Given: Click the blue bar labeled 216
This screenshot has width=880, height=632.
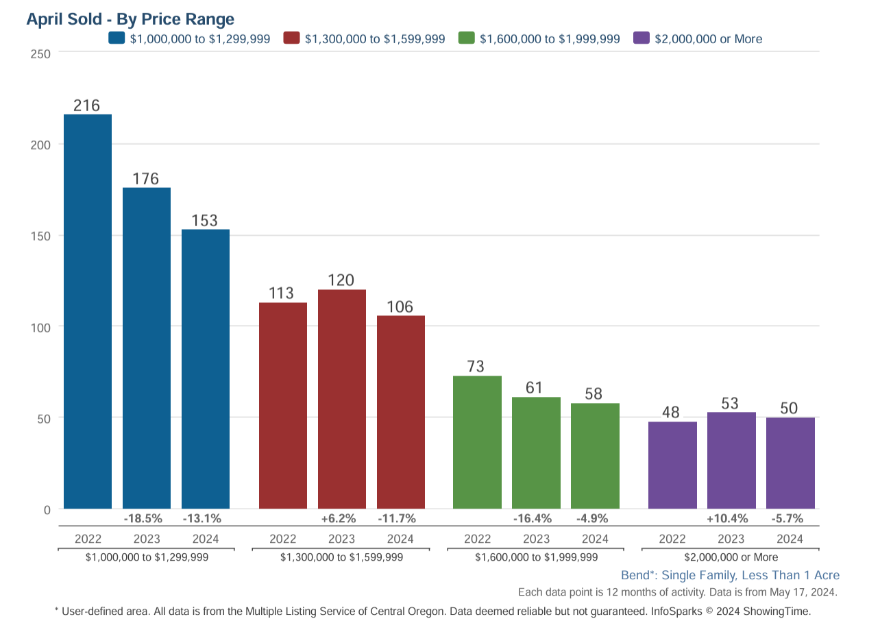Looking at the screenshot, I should tap(88, 311).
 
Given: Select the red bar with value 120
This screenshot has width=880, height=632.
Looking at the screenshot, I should tap(341, 399).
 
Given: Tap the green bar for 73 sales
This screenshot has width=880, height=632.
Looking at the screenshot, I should tap(477, 442).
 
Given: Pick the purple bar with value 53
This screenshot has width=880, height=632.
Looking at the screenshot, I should tap(731, 460).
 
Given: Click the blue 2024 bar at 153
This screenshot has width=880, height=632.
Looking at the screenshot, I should tap(205, 369).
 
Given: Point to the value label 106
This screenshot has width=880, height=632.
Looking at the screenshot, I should tap(400, 306).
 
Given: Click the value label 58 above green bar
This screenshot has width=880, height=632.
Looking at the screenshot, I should tap(595, 394).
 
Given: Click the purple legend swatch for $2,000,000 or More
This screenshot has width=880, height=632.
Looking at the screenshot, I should tap(641, 38).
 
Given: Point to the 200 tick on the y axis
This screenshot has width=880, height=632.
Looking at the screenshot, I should tap(41, 145).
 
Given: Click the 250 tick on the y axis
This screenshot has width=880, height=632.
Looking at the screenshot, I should tap(41, 53).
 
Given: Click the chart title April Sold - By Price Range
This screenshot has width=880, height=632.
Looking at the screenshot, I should tap(130, 19).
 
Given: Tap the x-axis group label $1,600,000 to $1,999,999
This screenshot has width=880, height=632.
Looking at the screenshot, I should tap(536, 557).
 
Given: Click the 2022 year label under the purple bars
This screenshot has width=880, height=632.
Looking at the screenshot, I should tap(672, 539).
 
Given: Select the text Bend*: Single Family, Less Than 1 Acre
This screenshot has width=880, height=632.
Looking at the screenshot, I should tap(730, 575).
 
